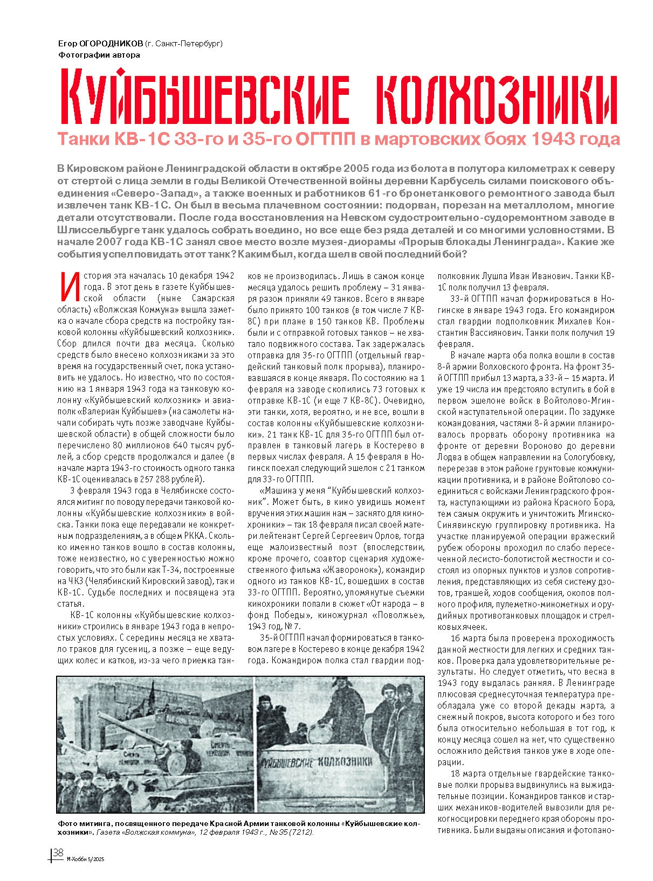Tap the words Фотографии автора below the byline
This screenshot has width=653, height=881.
(x=98, y=54)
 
